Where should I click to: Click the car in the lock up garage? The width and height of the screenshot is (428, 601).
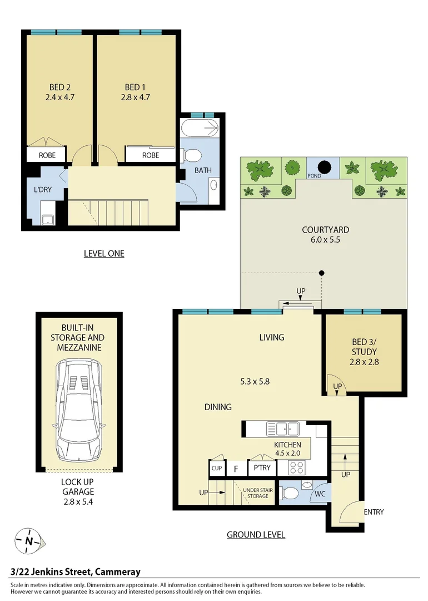79,409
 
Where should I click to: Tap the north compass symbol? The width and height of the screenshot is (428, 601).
28,540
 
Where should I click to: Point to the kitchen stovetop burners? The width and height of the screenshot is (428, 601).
297,467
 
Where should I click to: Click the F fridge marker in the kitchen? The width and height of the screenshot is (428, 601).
236,469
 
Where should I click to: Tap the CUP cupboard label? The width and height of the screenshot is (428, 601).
217,469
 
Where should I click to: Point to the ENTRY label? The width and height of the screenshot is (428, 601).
374,512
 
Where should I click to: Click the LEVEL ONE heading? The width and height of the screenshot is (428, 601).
104,254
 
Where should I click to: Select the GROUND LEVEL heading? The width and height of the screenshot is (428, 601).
256,535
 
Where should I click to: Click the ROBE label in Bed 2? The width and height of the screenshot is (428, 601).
47,155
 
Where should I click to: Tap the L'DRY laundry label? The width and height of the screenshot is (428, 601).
43,190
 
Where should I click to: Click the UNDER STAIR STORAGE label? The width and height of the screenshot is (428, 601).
257,493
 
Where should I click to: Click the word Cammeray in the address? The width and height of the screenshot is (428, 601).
118,572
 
